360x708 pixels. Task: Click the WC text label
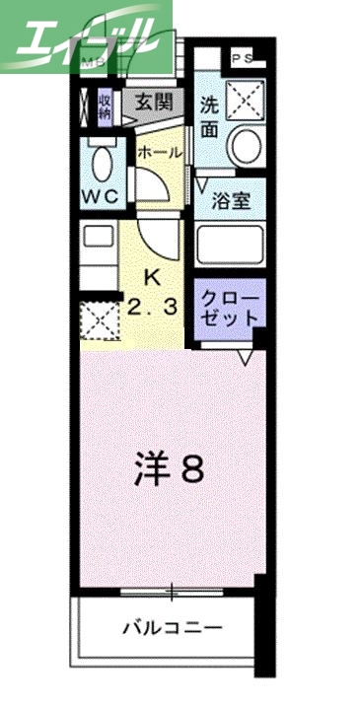(101, 195)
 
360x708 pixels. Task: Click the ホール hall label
(158, 153)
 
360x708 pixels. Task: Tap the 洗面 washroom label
(209, 117)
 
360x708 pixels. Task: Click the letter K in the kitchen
(152, 276)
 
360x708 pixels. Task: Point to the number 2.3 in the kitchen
(152, 306)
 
